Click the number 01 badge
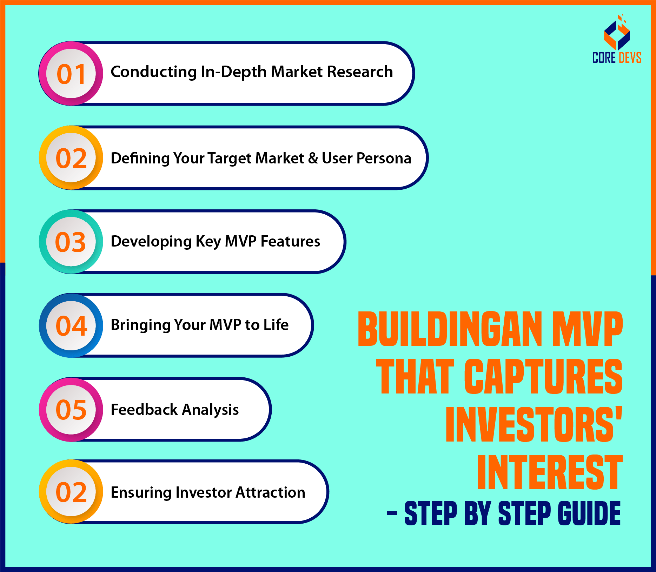click(x=71, y=73)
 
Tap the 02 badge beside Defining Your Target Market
click(x=71, y=158)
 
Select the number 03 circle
click(x=71, y=242)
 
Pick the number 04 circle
click(x=71, y=325)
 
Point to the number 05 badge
click(x=71, y=409)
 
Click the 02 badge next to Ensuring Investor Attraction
click(x=71, y=492)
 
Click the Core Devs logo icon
click(x=617, y=32)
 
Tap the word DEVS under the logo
click(x=630, y=58)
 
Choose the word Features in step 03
click(x=290, y=241)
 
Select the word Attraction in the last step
click(x=270, y=492)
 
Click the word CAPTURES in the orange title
click(x=543, y=376)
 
